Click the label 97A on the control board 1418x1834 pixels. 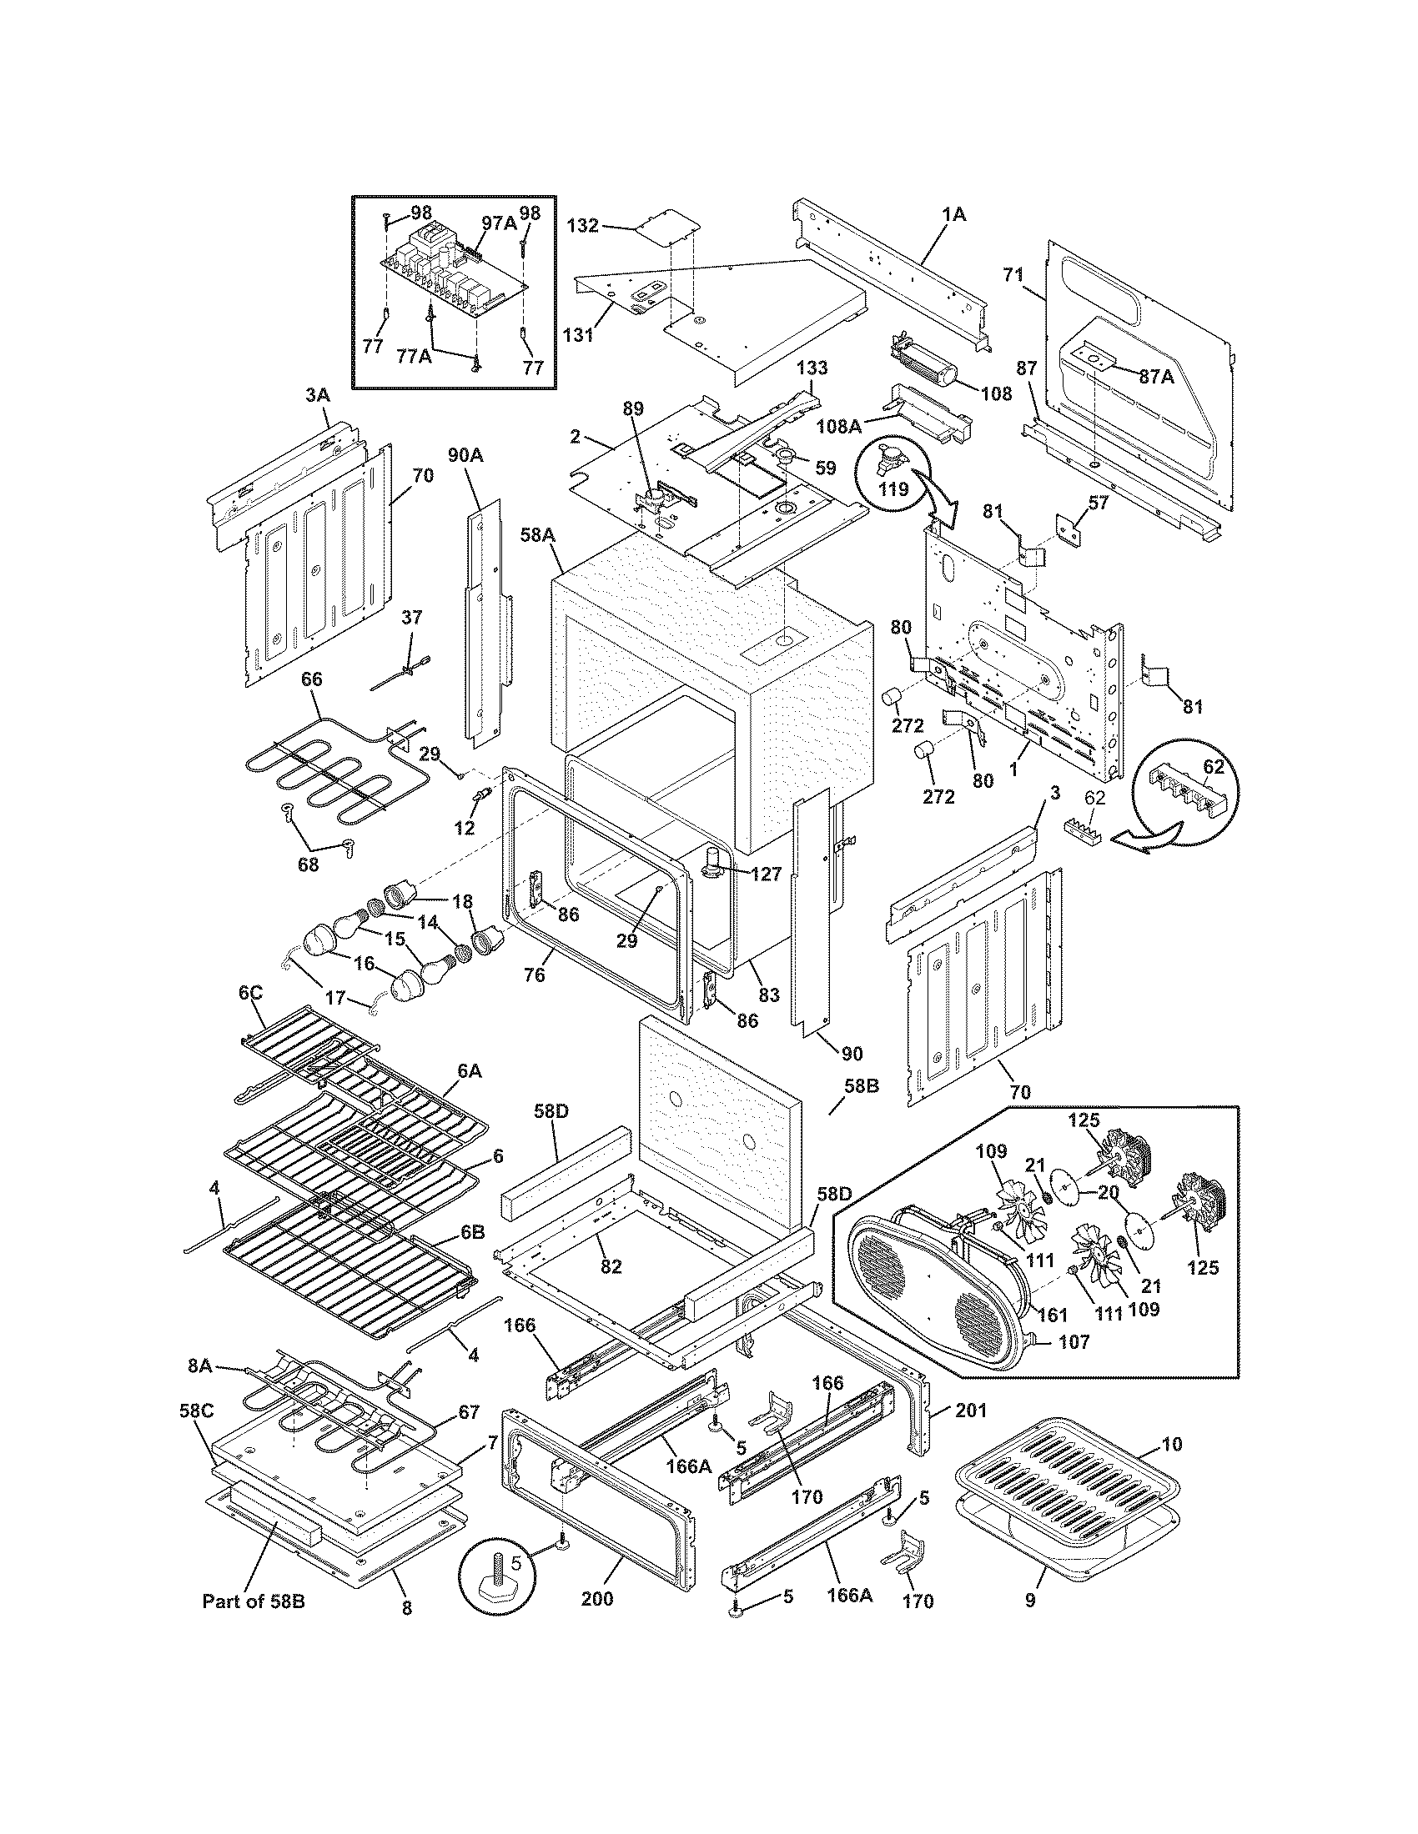click(x=499, y=223)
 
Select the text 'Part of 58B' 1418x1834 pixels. click(x=253, y=1601)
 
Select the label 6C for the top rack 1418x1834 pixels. click(x=251, y=994)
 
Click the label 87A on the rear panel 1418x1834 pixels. click(x=1156, y=377)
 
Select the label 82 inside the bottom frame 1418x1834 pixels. click(x=611, y=1265)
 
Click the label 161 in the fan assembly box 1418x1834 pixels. click(x=1052, y=1315)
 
